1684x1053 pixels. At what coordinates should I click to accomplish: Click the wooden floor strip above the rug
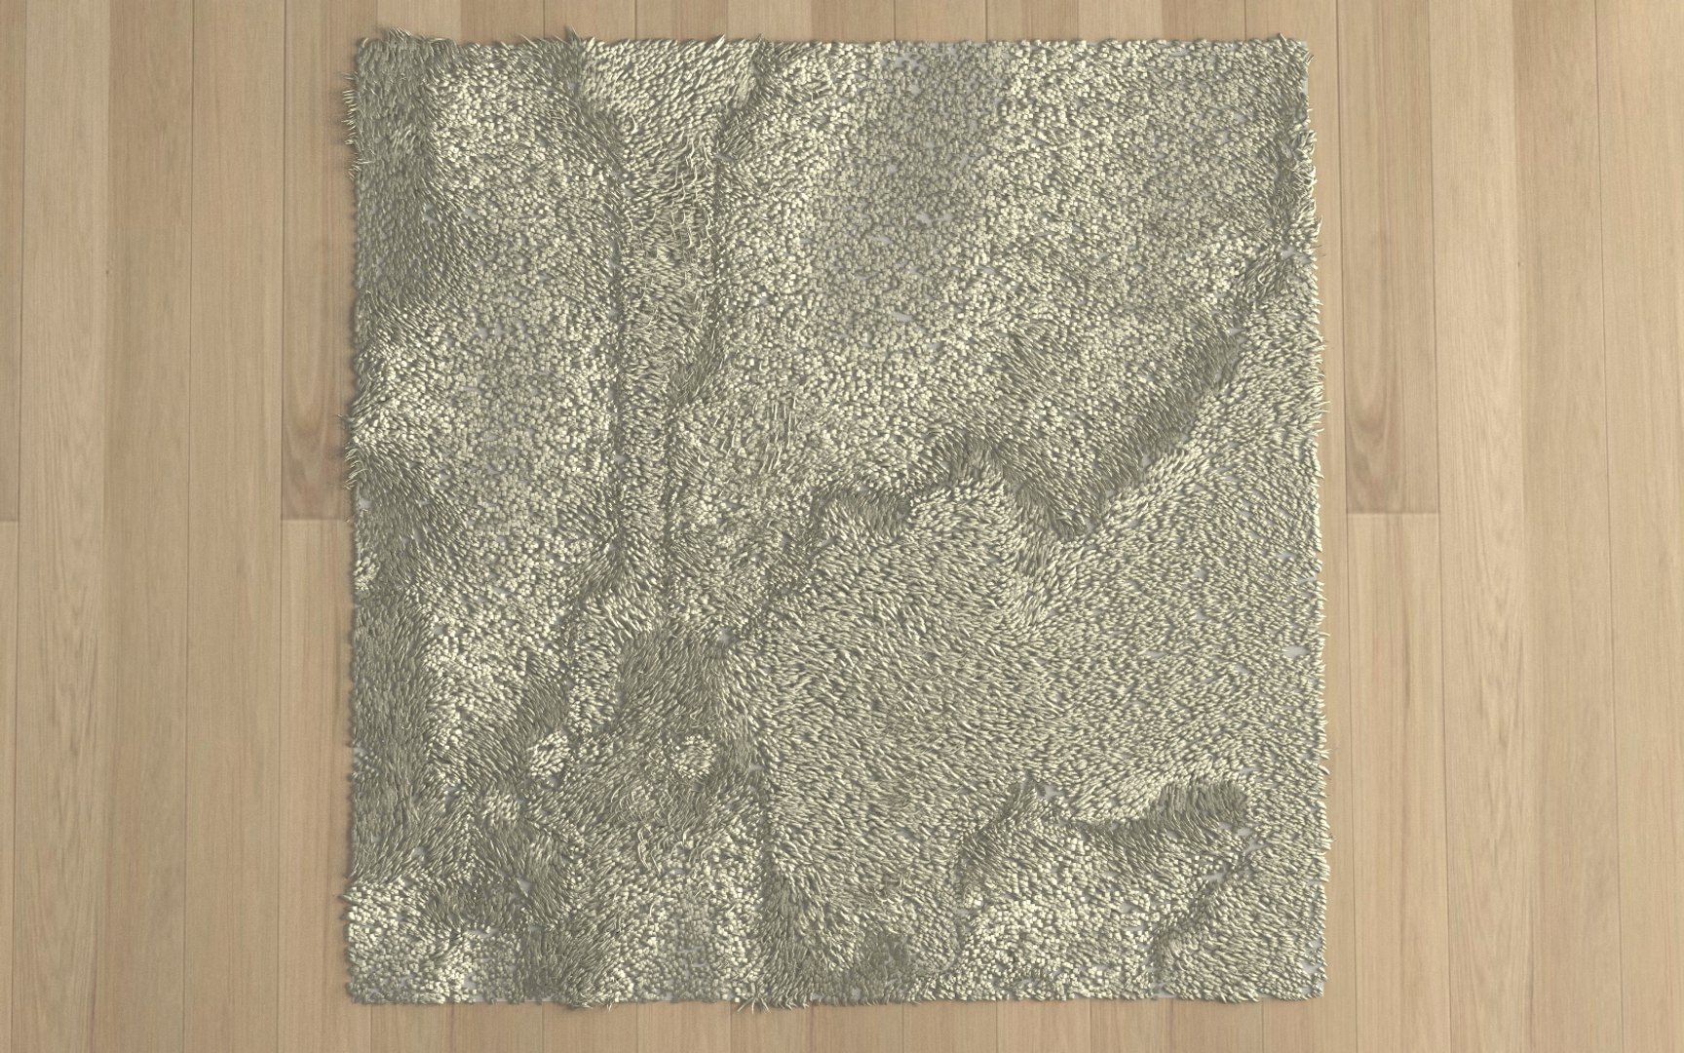[x=828, y=18]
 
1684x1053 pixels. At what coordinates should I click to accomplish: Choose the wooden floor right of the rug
[x=1501, y=526]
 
